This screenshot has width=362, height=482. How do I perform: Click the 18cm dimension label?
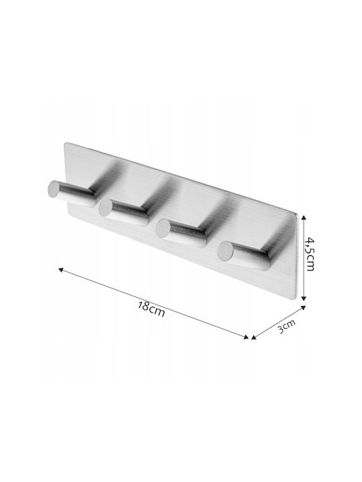(x=151, y=309)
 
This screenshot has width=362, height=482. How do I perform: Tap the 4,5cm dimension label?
(x=310, y=254)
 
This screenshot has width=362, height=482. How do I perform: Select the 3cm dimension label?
(x=286, y=326)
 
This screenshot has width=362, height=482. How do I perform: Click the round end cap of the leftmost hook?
(x=54, y=188)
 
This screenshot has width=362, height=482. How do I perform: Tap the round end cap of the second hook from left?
(x=106, y=207)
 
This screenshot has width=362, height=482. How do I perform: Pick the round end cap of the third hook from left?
(x=163, y=228)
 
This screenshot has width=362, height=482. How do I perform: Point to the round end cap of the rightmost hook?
(x=225, y=250)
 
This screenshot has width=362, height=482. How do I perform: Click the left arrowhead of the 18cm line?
(x=60, y=270)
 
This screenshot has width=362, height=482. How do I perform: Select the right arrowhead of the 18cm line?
(x=246, y=337)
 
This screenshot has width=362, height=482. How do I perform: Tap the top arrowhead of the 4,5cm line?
(x=304, y=218)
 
